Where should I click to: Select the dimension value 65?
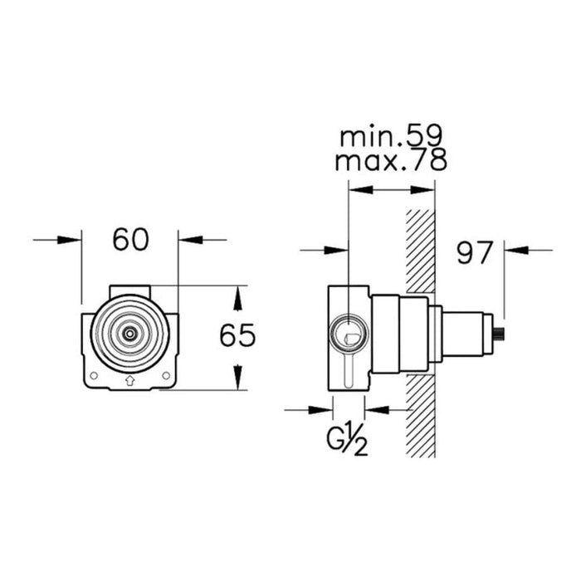[x=237, y=336]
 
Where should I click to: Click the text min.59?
[x=391, y=136]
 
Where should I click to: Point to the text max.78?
[x=391, y=161]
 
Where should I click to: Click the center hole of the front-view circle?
[x=129, y=332]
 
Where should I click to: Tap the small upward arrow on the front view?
[x=129, y=381]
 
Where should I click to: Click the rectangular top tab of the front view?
[x=129, y=290]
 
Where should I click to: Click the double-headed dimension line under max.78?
[x=391, y=189]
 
